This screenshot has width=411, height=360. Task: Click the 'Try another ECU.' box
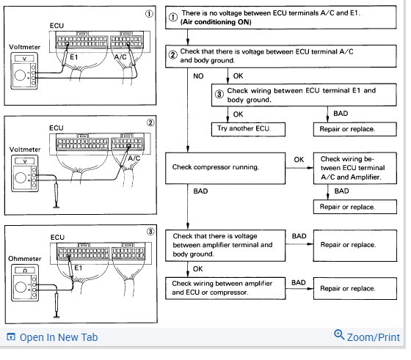pos(248,129)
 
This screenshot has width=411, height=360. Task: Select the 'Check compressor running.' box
pos(225,169)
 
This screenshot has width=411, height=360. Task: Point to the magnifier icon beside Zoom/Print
pos(339,334)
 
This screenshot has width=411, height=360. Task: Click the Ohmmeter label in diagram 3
pos(25,259)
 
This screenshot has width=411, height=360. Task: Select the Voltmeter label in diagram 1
pos(25,47)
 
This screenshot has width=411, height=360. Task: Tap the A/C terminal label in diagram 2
pos(134,158)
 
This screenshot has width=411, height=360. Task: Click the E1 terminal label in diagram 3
pos(79,268)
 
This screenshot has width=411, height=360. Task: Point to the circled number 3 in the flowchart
pos(219,95)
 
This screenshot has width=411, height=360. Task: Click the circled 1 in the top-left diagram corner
pos(149,14)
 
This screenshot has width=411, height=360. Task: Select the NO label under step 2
pos(198,76)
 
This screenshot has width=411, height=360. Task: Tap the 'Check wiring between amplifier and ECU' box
pos(225,288)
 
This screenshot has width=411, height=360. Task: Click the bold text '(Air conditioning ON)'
pos(216,22)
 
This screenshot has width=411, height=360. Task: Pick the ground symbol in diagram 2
pos(56,207)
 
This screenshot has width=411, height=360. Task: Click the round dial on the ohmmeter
pos(21,287)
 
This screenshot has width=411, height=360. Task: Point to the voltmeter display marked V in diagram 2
pos(25,161)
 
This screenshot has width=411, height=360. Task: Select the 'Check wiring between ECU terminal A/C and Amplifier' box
pos(355,169)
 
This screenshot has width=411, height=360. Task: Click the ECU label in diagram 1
pos(57,26)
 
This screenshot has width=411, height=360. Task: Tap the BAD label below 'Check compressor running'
pos(200,191)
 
